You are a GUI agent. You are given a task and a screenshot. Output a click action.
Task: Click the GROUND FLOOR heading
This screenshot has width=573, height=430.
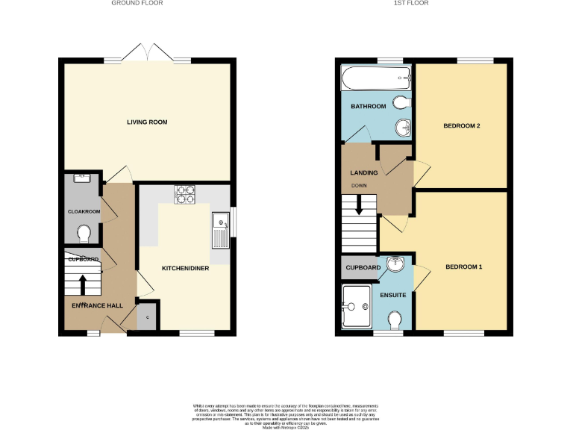pos(137,3)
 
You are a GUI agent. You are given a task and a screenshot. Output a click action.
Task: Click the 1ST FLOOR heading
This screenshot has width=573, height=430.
pos(413,3)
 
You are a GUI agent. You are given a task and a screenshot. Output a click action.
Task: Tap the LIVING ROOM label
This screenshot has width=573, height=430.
pos(146,122)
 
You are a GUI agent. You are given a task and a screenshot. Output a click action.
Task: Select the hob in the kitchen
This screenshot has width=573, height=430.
pos(184,194)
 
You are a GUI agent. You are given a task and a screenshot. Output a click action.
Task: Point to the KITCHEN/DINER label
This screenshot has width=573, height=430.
pos(186,267)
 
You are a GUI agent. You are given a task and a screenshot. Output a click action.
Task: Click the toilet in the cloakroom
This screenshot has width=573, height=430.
pos(84,234)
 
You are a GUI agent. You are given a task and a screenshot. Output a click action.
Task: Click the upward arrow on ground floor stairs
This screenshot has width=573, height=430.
pos(81,284)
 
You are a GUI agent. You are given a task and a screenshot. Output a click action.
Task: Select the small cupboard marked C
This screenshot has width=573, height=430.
pos(147,317)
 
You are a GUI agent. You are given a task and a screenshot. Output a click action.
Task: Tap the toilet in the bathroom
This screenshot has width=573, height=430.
pos(401,102)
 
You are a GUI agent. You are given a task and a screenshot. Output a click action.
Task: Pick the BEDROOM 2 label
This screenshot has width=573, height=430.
pos(461,125)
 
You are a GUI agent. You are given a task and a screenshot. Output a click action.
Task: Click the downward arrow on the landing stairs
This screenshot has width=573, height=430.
pos(359,205)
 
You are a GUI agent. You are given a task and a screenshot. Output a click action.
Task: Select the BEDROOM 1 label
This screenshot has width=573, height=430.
pos(464,267)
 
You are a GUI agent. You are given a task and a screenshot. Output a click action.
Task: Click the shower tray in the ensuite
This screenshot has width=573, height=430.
pos(357,307)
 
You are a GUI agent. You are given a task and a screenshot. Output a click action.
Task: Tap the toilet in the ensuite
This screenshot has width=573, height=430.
pos(396,320)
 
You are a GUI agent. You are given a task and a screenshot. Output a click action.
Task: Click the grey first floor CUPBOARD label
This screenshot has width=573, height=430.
pos(363,267)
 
